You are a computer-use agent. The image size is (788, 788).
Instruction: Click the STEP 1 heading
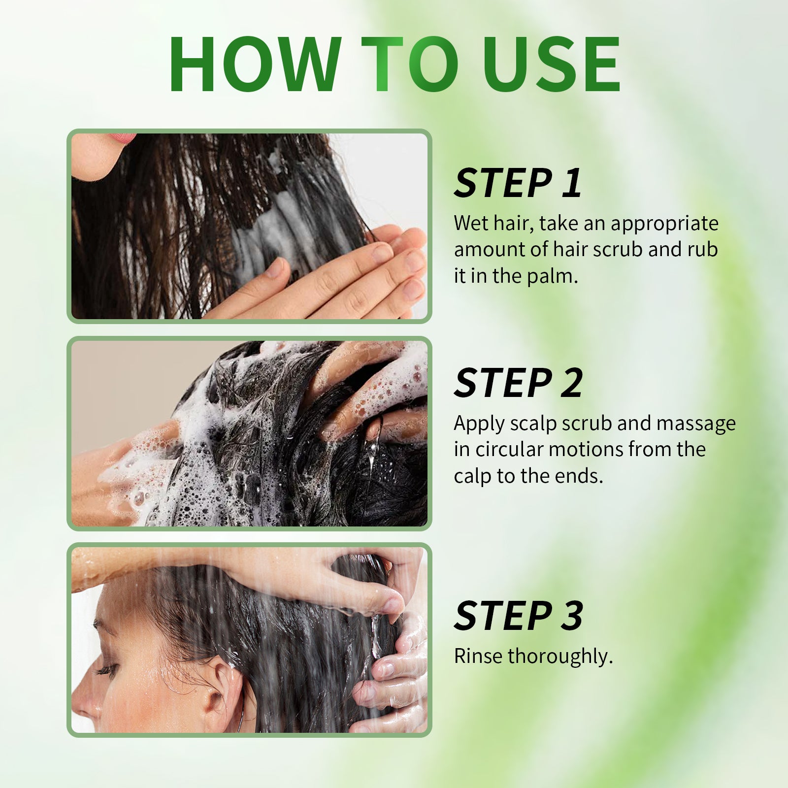518,183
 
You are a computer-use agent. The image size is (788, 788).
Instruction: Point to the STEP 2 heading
518,383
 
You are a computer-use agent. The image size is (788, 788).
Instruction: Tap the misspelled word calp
472,477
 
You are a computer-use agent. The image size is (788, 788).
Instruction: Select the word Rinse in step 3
479,656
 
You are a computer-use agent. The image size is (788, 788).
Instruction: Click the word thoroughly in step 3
560,657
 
